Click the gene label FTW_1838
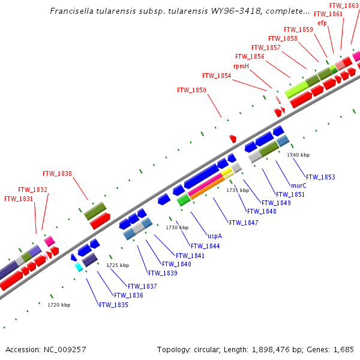click(57, 174)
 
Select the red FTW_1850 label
click(191, 91)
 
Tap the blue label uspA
click(215, 236)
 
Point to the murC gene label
click(298, 186)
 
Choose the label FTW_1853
click(320, 177)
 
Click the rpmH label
click(241, 66)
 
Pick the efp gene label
click(322, 23)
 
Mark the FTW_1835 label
click(113, 305)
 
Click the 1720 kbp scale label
click(59, 305)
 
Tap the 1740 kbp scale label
click(298, 155)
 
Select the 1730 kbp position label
click(177, 227)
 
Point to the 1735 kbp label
click(237, 190)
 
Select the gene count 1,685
click(344, 349)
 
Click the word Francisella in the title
click(70, 11)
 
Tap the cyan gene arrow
click(79, 268)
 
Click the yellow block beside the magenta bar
click(226, 173)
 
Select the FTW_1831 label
click(19, 199)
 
